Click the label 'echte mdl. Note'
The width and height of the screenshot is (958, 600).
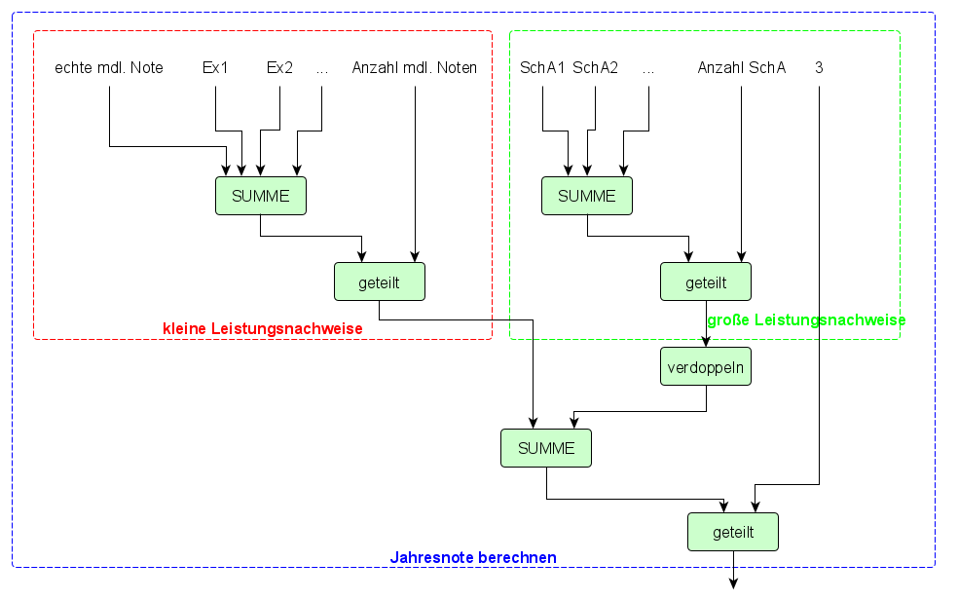point(109,68)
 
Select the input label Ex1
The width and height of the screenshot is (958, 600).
point(215,68)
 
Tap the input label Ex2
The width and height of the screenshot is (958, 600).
point(279,68)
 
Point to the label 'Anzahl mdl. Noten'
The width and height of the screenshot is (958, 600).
point(415,68)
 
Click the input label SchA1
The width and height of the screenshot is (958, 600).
point(542,68)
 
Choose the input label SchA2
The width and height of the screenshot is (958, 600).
point(595,68)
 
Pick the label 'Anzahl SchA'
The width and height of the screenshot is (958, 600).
point(742,68)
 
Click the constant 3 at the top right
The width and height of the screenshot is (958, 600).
point(819,68)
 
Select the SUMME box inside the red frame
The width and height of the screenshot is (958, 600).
point(260,196)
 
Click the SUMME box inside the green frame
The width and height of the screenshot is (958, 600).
point(587,196)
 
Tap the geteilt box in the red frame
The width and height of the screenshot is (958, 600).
point(380,282)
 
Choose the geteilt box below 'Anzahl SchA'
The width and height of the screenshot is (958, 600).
point(706,282)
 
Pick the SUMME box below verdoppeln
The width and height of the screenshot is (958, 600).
point(546,448)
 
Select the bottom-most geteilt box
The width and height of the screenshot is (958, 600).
point(733,532)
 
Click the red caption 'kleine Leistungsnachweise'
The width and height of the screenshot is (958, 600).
point(262,329)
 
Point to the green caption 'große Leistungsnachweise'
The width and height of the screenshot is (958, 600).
point(806,320)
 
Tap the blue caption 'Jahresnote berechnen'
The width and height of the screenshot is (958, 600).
point(473,558)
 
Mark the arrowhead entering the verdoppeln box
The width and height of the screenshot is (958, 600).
point(706,342)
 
